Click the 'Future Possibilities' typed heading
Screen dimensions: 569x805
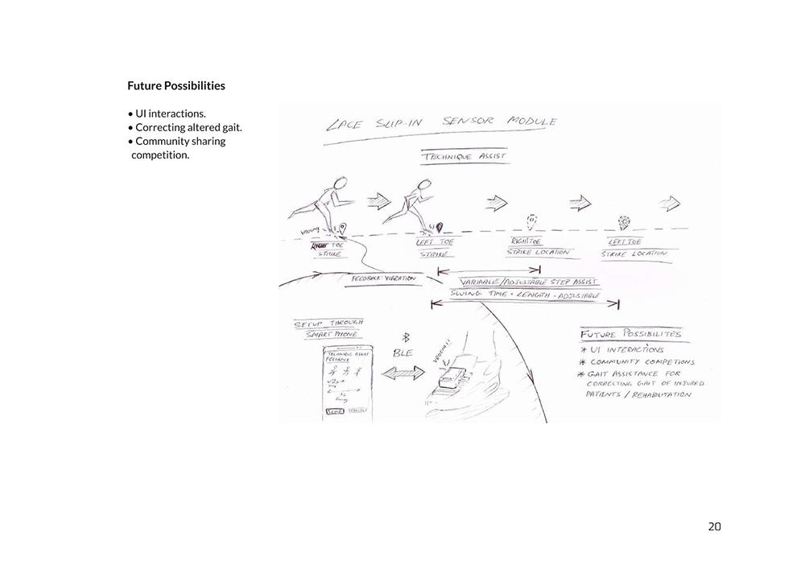[x=176, y=85]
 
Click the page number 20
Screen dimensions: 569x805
[x=714, y=527]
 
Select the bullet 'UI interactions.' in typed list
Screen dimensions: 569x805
[x=169, y=113]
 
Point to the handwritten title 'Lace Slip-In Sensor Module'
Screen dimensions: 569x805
[x=441, y=123]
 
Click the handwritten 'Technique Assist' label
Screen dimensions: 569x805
[x=465, y=156]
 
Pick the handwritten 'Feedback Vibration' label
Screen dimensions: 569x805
[x=384, y=278]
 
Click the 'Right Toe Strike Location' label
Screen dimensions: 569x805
[x=538, y=246]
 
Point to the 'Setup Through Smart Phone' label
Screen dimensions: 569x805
[x=327, y=328]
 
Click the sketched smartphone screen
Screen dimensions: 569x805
[x=346, y=383]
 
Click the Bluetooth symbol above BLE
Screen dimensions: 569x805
[x=407, y=337]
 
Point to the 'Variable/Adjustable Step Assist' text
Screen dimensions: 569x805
[x=527, y=283]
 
